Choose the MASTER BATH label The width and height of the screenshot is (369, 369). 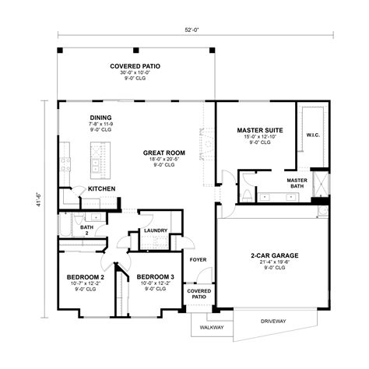297,184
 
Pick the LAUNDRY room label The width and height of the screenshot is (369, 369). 157,230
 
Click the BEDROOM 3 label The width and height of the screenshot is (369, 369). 155,277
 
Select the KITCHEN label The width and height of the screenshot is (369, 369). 103,189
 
